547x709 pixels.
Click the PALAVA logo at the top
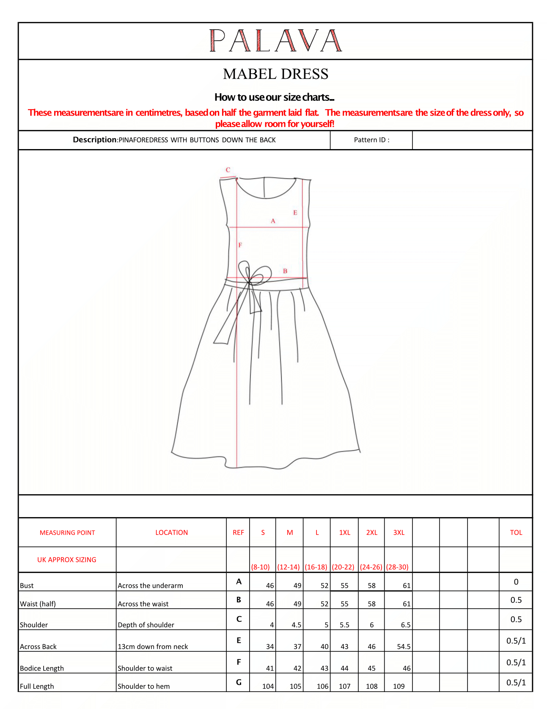coord(275,41)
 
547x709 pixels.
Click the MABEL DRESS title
coord(275,74)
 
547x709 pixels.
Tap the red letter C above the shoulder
coord(228,170)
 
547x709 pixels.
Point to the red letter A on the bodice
coord(273,221)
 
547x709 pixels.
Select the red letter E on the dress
coord(295,213)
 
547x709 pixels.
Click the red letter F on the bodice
coord(240,245)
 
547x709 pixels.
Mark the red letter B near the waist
coord(285,271)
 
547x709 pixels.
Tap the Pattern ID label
coord(371,140)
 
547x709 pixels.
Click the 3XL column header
coord(399,532)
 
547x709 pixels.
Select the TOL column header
coord(516,532)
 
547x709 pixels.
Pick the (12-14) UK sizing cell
coord(289,567)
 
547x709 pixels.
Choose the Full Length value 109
coord(399,686)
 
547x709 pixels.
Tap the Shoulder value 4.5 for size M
coord(296,625)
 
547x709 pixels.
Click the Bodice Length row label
coord(42,668)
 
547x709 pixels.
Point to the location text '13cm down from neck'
coord(153,646)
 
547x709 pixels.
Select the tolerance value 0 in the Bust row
coord(516,582)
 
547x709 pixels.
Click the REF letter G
coord(239,682)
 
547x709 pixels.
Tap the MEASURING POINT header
coord(67,532)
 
